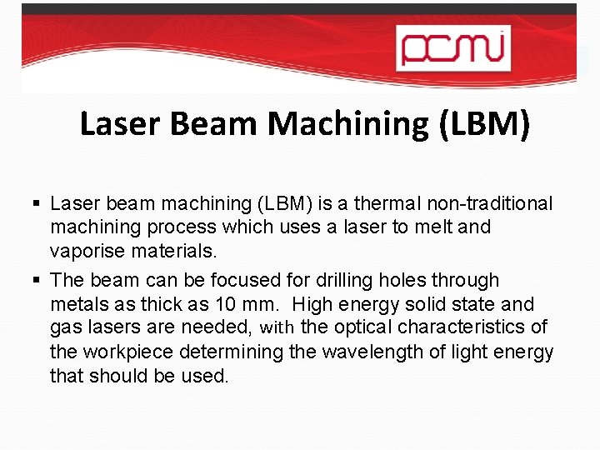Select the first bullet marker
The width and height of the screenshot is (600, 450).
pos(38,204)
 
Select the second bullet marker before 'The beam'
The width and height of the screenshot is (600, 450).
pos(38,281)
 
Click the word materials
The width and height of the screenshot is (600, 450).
pos(181,251)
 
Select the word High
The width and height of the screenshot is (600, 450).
pos(313,304)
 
